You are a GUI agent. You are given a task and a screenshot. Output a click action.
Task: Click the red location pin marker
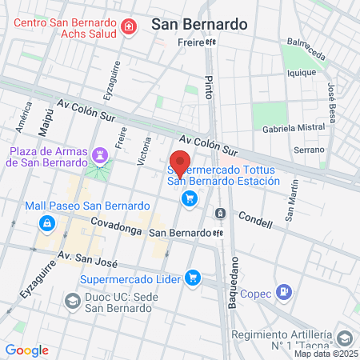click(181, 162)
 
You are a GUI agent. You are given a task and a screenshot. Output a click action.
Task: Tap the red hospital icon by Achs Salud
click(128, 28)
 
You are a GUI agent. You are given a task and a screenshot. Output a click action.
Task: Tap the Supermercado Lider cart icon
click(192, 278)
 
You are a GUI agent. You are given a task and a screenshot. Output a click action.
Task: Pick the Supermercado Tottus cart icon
click(190, 198)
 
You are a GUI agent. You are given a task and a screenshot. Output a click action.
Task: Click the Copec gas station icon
click(282, 292)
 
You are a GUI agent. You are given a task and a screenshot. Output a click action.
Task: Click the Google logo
click(27, 350)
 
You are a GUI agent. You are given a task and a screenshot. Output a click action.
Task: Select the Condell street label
click(255, 217)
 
